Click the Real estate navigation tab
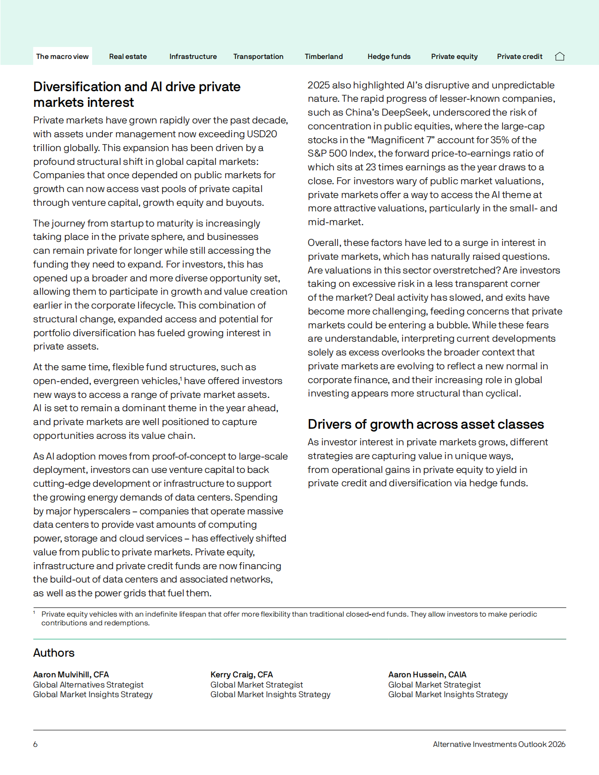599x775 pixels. pyautogui.click(x=128, y=57)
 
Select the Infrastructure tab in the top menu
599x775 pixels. pyautogui.click(x=193, y=57)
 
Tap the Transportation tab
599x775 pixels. pyautogui.click(x=258, y=57)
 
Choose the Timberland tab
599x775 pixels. pyautogui.click(x=323, y=57)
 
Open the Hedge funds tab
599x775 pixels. pyautogui.click(x=389, y=57)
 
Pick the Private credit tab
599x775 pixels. pyautogui.click(x=519, y=57)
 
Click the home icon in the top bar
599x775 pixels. pyautogui.click(x=560, y=57)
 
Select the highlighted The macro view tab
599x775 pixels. pyautogui.click(x=62, y=57)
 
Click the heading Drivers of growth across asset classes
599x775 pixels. pyautogui.click(x=426, y=424)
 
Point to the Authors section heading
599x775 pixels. pyautogui.click(x=53, y=653)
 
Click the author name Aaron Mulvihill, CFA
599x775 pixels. pyautogui.click(x=71, y=675)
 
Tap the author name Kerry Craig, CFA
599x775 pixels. pyautogui.click(x=241, y=675)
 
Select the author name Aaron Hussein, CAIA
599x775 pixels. pyautogui.click(x=427, y=675)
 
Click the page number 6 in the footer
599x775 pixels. pyautogui.click(x=35, y=744)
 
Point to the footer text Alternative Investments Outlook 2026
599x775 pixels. pyautogui.click(x=499, y=744)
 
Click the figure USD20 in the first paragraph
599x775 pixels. pyautogui.click(x=262, y=134)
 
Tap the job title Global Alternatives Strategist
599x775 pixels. pyautogui.click(x=88, y=685)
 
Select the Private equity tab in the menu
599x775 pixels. pyautogui.click(x=454, y=57)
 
